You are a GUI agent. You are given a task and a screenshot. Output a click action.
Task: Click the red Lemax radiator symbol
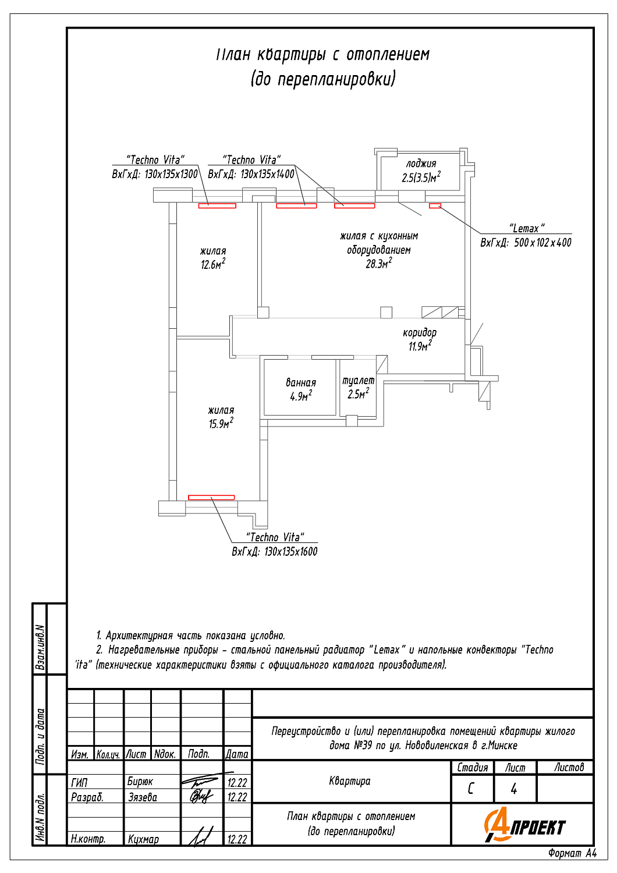435,205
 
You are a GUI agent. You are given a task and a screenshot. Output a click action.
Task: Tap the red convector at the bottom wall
211,498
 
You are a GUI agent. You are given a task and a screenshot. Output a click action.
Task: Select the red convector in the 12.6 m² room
217,205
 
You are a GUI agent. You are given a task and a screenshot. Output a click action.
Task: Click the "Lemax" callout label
526,228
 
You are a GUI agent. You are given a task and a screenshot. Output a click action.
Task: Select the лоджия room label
421,164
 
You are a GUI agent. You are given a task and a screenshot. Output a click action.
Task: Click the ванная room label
301,383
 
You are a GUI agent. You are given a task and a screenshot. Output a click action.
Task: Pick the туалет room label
358,381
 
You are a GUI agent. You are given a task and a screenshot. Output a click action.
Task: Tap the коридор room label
420,333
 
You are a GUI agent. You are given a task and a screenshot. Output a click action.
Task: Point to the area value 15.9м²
221,424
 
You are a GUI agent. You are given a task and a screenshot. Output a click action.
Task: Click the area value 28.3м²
378,264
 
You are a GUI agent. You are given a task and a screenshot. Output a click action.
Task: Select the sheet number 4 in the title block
514,789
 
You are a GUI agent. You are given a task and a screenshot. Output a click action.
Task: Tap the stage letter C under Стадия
471,789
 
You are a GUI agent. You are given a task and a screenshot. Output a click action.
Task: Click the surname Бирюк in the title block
140,782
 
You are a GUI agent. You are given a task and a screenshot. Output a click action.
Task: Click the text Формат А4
572,853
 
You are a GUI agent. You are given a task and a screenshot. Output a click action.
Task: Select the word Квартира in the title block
349,781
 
